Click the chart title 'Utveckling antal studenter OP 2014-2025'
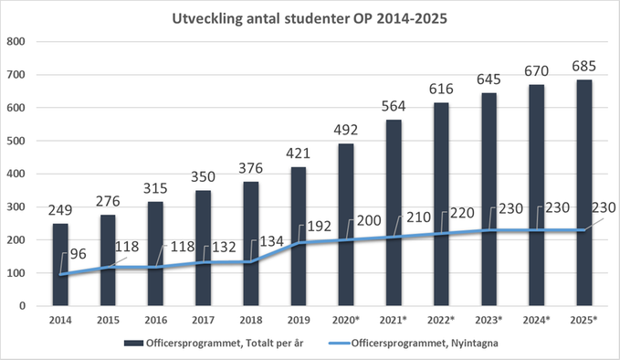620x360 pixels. (310, 18)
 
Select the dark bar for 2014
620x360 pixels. (60, 265)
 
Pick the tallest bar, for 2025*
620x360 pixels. (584, 192)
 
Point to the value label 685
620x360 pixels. (584, 66)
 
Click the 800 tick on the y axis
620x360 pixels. (16, 42)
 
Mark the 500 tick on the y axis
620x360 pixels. (16, 141)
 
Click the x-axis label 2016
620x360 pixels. (155, 320)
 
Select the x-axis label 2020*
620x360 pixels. (346, 320)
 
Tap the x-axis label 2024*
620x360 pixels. (537, 320)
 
